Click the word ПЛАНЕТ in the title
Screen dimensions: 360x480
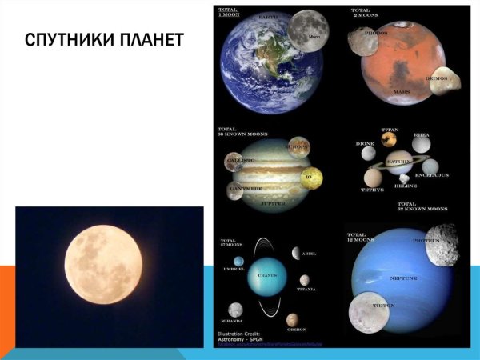click(156, 40)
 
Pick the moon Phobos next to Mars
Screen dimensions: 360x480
click(365, 42)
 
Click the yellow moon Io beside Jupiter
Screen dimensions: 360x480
click(312, 175)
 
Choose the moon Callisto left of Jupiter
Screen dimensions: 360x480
click(235, 163)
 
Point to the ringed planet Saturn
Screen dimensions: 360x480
click(398, 163)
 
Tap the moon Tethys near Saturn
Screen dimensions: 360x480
click(372, 178)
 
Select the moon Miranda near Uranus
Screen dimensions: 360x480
click(235, 309)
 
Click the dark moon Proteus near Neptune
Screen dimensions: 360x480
click(441, 245)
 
